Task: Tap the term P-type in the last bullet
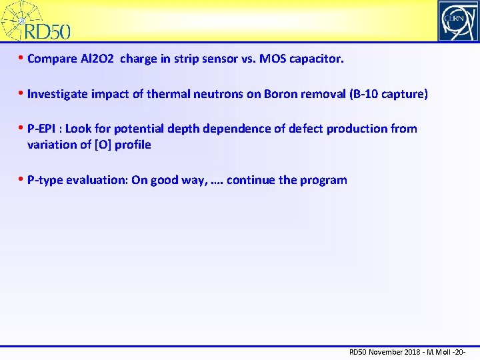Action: pos(45,180)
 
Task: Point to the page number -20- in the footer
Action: pos(457,352)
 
